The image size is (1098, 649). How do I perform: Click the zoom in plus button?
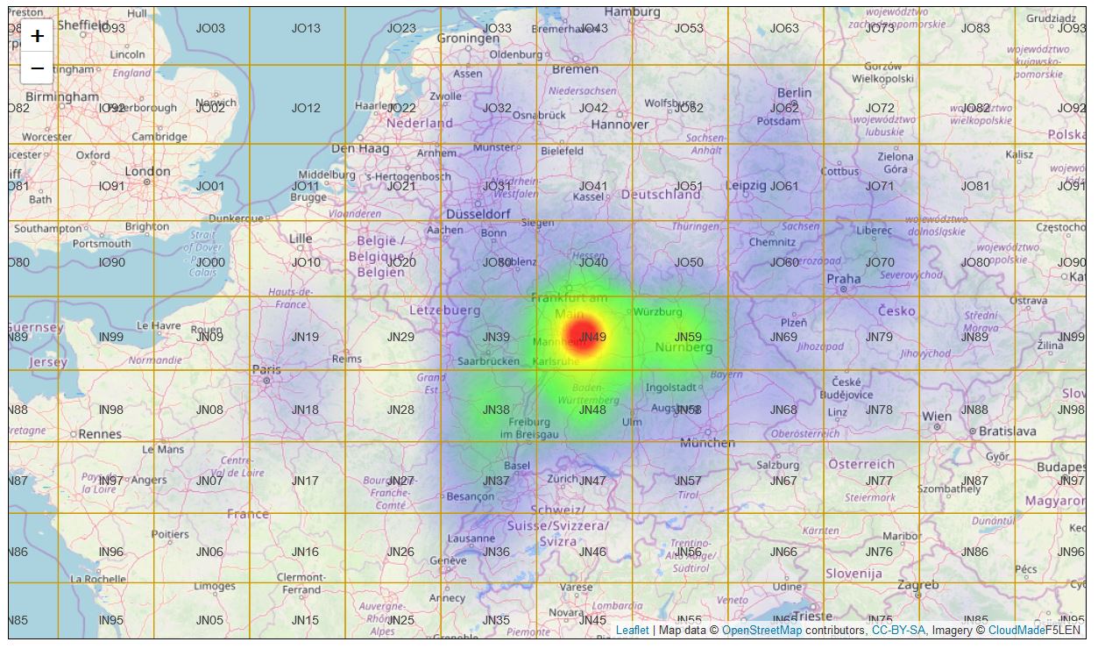[37, 36]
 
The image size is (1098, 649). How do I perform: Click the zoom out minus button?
[37, 68]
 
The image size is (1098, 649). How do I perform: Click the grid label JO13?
[306, 28]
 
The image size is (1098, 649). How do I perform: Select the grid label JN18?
[305, 410]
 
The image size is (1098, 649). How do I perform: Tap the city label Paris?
[266, 369]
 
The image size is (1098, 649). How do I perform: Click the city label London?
[147, 171]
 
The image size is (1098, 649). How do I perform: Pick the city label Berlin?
[794, 93]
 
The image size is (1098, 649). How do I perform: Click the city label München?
[707, 443]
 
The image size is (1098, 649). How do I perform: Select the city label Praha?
[844, 279]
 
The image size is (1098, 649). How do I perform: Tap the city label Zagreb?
[917, 585]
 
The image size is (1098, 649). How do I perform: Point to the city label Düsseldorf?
[478, 214]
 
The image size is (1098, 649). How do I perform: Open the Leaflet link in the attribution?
[632, 630]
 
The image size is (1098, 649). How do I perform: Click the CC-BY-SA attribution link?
[898, 630]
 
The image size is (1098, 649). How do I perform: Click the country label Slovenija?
[854, 574]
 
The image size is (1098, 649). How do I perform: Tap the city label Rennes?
[100, 433]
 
